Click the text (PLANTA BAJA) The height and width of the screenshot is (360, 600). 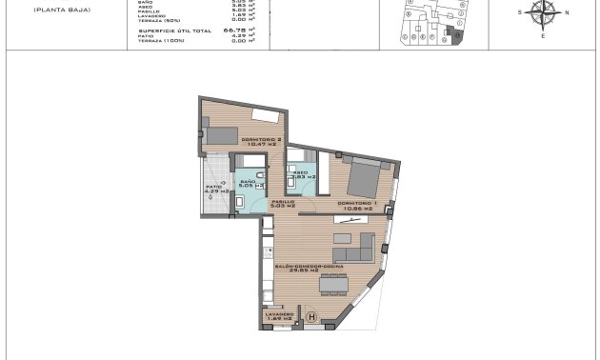(56, 10)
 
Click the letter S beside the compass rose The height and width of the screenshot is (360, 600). (520, 12)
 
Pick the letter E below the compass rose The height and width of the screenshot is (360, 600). (543, 35)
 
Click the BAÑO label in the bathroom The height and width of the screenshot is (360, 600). (247, 181)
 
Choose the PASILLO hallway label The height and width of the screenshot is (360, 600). (283, 202)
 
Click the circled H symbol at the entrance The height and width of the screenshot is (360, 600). (310, 318)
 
